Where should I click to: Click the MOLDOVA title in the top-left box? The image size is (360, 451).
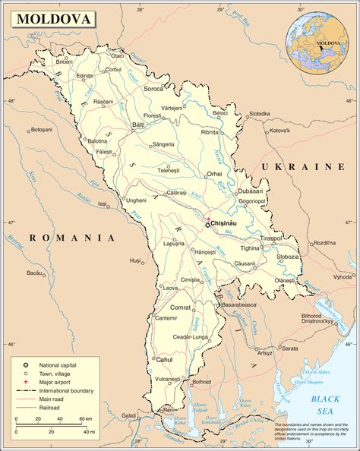point(41,17)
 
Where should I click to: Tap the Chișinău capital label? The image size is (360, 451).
point(229,224)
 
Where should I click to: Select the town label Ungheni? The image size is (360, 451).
point(136,200)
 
